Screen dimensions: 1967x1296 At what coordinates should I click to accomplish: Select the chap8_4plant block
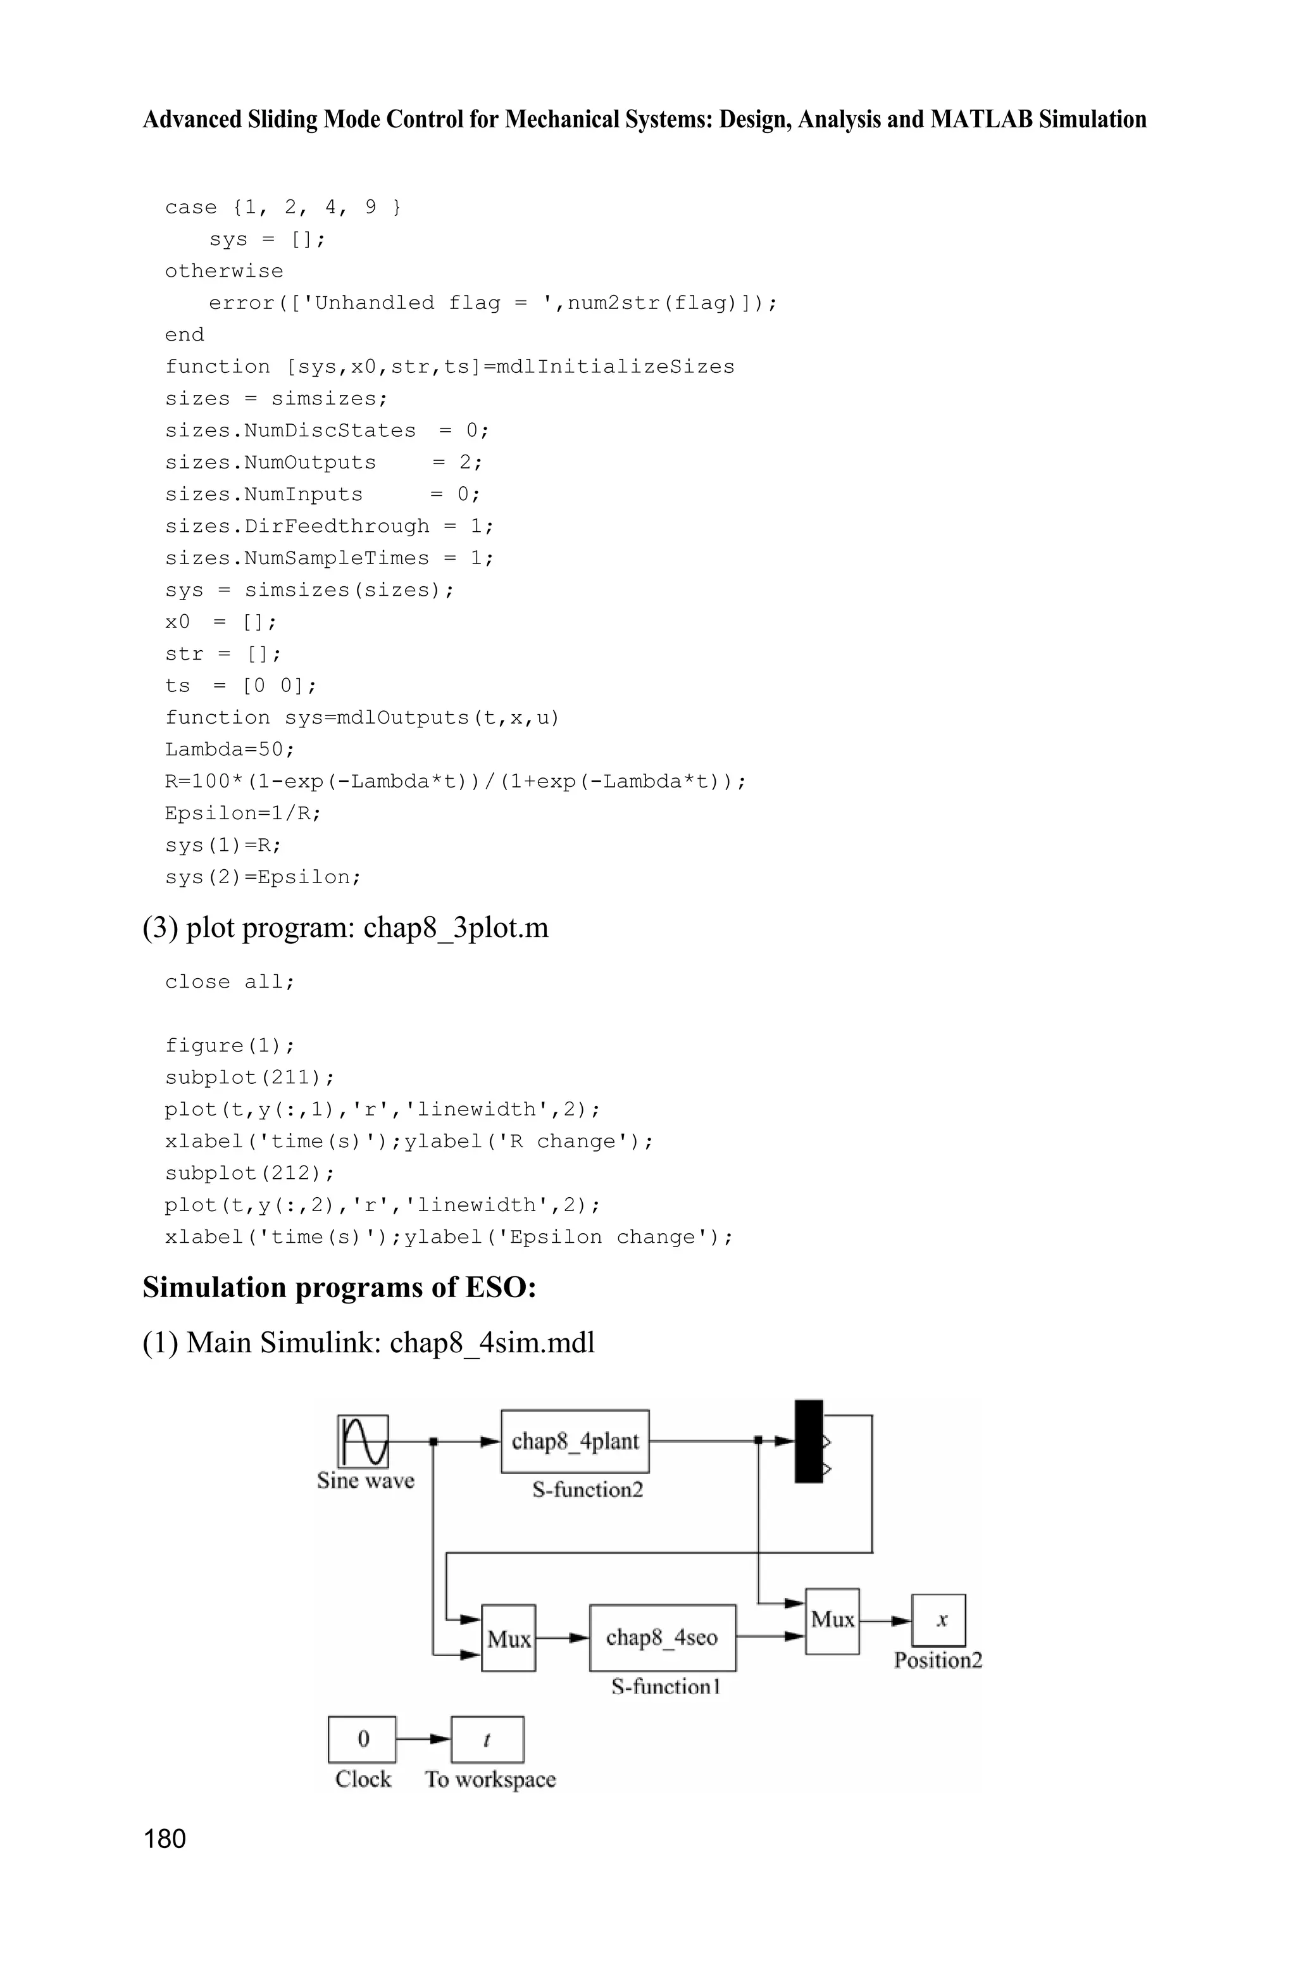(575, 1441)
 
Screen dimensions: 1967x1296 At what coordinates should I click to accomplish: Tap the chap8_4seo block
(662, 1638)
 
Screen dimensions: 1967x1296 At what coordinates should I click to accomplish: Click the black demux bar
(808, 1441)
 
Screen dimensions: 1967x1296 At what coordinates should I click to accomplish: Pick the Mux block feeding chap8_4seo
(508, 1638)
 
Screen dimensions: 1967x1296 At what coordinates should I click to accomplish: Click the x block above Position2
(939, 1621)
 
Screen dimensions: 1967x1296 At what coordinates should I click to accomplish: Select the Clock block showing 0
(362, 1740)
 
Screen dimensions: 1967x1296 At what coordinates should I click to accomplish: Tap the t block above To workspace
(487, 1740)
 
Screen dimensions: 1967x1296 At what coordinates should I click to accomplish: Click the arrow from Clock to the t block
(423, 1739)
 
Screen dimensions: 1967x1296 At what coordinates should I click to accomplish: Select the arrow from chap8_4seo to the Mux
(770, 1635)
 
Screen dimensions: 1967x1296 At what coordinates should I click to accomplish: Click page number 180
(165, 1839)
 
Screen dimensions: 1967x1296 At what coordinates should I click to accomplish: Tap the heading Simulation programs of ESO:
(340, 1287)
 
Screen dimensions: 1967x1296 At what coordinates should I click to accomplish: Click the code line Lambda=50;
(230, 749)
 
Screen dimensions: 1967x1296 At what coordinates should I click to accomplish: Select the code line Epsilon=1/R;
(243, 813)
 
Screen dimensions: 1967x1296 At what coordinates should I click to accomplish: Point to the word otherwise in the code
(224, 271)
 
